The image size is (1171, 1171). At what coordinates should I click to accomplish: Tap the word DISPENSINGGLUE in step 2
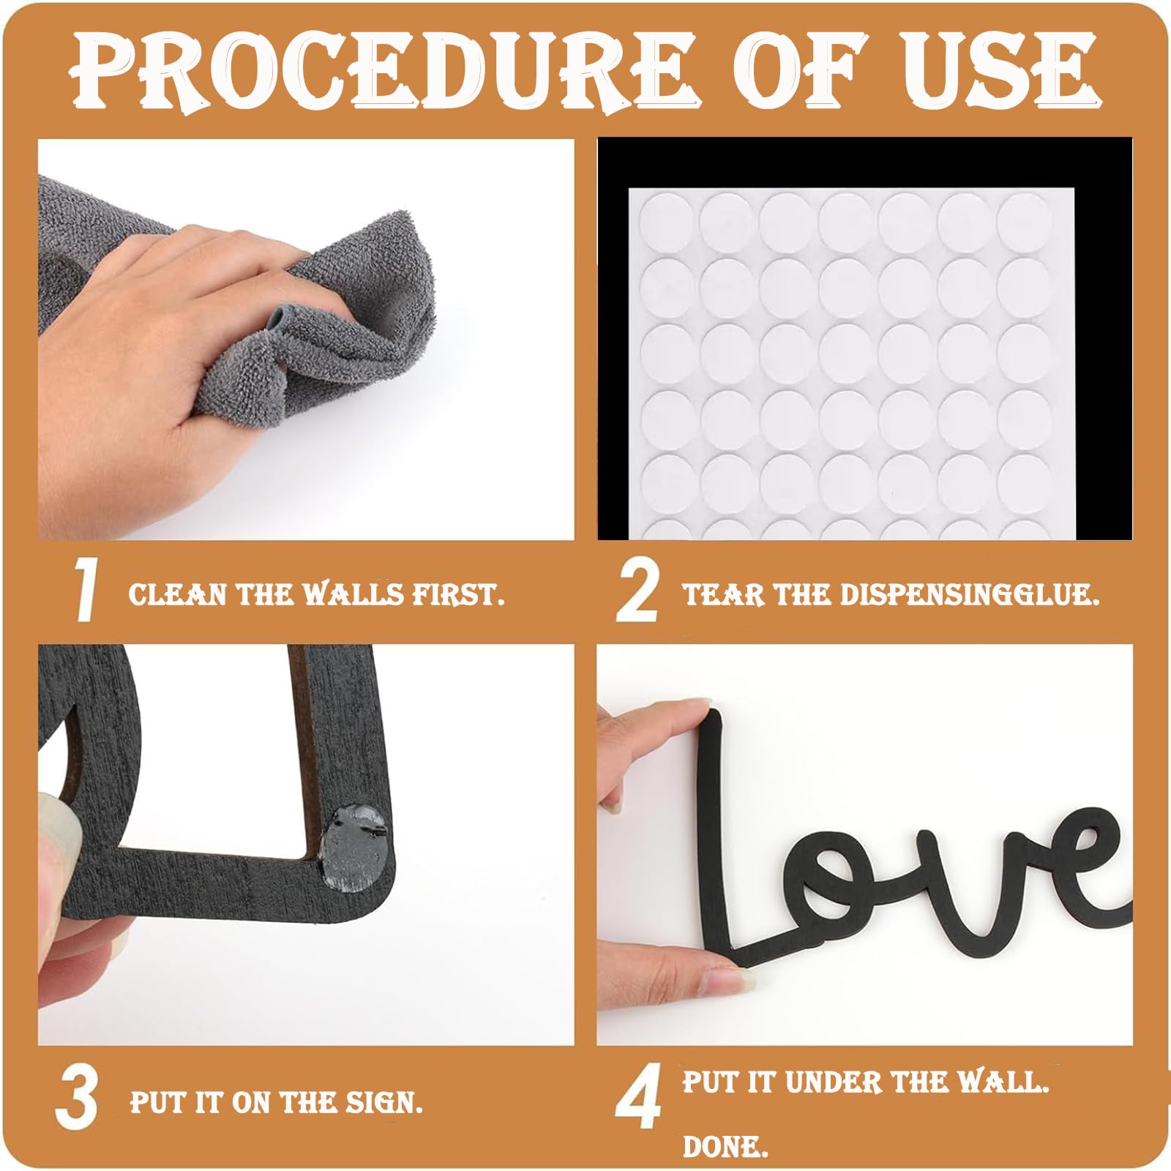coord(970,594)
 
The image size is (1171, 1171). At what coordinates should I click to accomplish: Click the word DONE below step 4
coord(725,1147)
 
